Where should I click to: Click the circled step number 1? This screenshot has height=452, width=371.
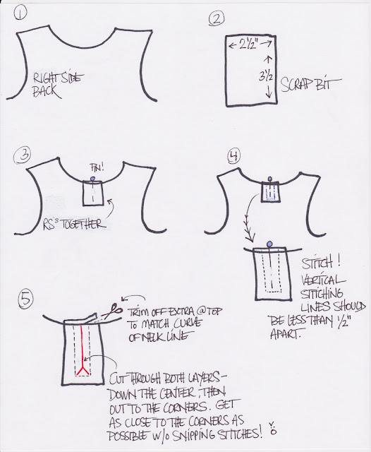20,14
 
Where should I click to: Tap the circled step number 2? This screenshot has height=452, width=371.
216,20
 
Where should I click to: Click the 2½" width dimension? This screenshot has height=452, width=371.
250,44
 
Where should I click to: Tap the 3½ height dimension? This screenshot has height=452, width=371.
267,77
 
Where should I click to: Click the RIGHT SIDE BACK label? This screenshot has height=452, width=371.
57,85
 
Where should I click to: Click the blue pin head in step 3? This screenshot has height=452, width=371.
92,179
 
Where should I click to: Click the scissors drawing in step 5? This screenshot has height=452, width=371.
112,311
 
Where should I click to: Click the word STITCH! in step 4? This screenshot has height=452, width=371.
321,263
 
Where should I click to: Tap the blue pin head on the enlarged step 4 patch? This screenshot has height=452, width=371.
269,244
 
